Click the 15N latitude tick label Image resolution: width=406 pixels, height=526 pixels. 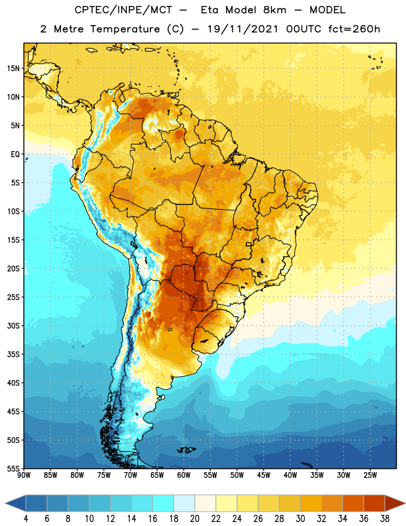[13, 68]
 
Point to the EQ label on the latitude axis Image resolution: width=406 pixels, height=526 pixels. [15, 155]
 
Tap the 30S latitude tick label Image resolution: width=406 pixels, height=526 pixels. [13, 325]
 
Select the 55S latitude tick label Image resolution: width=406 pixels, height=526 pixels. [13, 468]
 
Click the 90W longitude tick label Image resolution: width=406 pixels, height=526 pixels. [24, 475]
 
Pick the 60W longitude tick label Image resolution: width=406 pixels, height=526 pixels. [184, 475]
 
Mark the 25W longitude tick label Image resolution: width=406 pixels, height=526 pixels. [370, 475]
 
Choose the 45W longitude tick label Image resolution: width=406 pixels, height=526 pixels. [263, 475]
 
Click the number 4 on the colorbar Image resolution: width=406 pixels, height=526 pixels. [26, 519]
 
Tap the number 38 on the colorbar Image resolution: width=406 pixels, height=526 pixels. [385, 519]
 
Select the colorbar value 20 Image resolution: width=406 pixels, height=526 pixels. [194, 519]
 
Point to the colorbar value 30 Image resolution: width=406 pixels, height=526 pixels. [300, 519]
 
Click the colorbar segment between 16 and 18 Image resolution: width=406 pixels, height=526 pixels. [163, 503]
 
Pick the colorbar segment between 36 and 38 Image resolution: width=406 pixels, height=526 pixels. [374, 503]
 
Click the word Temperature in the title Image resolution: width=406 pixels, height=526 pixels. [125, 29]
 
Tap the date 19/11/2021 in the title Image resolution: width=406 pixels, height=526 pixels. [242, 29]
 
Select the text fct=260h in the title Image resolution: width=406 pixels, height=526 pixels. [354, 29]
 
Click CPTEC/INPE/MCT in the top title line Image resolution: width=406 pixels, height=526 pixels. [123, 10]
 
